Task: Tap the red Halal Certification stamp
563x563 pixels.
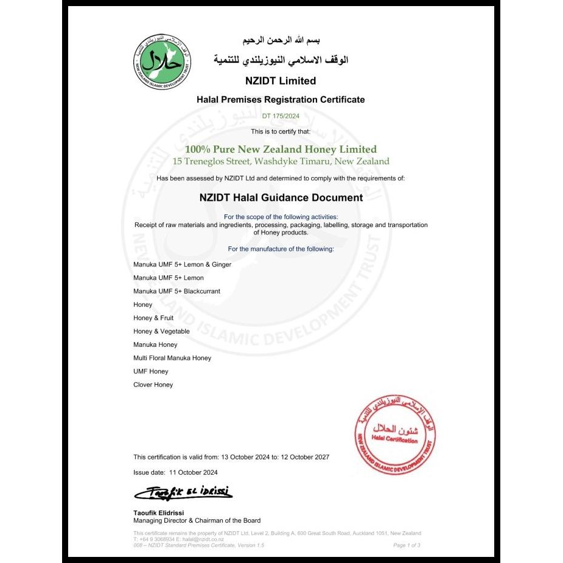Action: click(x=395, y=435)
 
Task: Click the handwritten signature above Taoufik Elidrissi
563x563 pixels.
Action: click(x=183, y=492)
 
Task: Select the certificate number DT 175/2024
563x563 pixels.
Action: click(x=281, y=116)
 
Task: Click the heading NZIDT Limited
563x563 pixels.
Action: click(x=281, y=80)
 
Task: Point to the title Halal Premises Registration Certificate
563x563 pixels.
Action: click(x=281, y=99)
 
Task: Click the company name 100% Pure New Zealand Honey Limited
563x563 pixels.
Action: click(x=281, y=149)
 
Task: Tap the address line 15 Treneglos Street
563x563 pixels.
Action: click(x=281, y=162)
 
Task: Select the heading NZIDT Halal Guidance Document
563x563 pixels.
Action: click(x=281, y=197)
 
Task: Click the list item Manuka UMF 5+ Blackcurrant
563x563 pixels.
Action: click(x=177, y=291)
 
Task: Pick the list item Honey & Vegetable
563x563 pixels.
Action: click(x=161, y=331)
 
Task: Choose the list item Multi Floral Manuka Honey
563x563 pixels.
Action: click(x=172, y=358)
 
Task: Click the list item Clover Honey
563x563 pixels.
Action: click(x=153, y=385)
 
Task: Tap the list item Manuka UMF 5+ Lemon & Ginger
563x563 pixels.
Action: click(x=182, y=264)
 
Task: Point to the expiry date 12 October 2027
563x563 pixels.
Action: click(x=305, y=456)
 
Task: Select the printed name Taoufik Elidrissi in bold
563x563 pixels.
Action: click(x=158, y=512)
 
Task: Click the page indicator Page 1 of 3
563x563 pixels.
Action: click(x=407, y=545)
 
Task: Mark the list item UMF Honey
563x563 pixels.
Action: click(x=150, y=371)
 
